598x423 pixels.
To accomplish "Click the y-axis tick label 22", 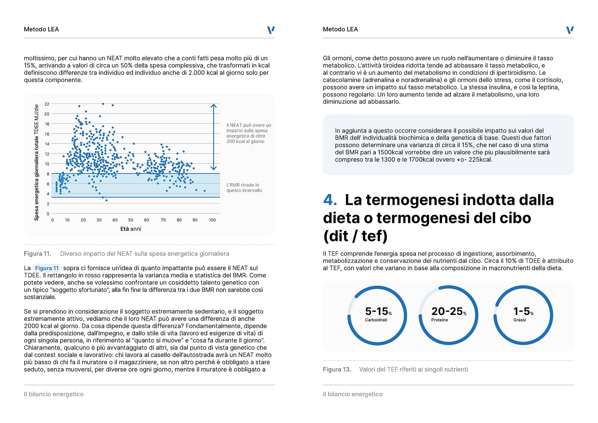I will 47,104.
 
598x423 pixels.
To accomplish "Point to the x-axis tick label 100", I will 212,220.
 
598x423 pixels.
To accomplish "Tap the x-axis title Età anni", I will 131,229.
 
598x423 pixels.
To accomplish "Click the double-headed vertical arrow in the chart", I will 213,137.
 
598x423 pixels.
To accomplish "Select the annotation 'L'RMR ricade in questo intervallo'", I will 244,188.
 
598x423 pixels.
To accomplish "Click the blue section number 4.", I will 330,200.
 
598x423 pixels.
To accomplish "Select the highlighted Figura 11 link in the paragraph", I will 47,268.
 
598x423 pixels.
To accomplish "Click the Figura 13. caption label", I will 337,369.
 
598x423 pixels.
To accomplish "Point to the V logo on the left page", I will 271,30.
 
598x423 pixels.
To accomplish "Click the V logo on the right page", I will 570,30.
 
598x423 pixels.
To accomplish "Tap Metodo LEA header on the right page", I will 340,29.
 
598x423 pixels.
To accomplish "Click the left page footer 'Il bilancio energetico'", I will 54,394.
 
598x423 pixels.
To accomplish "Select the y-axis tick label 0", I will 48,214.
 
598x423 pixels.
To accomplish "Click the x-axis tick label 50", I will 131,220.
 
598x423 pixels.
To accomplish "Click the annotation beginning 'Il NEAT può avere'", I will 248,133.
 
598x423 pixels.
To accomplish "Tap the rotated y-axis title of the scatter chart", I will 36,162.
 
